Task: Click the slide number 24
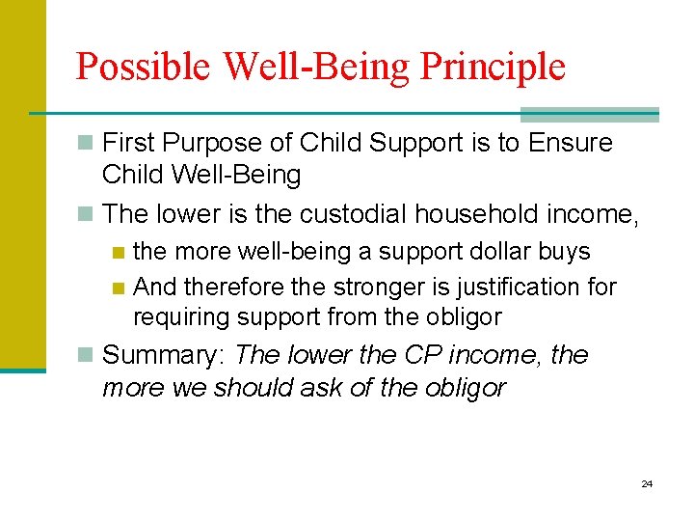click(x=647, y=483)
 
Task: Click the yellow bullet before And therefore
click(x=118, y=288)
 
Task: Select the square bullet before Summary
click(x=87, y=356)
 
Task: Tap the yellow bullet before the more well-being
click(x=118, y=253)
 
